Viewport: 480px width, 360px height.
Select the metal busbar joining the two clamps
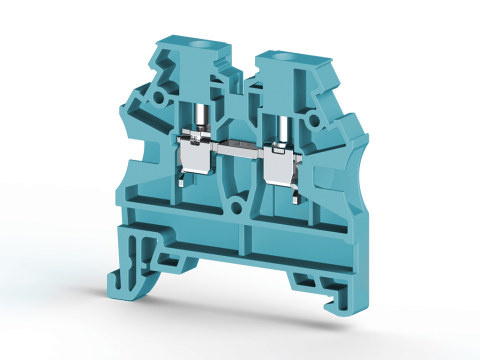pos(237,156)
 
